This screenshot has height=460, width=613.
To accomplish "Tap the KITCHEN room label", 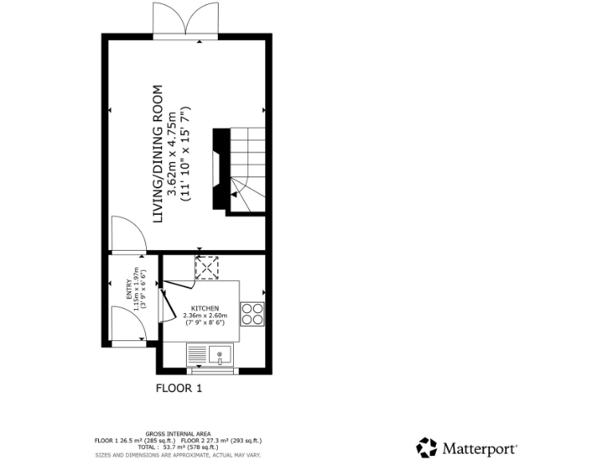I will (x=204, y=307).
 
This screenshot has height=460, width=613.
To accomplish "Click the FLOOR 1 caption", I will (x=179, y=389).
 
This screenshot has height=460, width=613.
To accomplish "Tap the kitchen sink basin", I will (x=220, y=354).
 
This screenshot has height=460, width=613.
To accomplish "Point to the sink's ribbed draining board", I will (x=198, y=354).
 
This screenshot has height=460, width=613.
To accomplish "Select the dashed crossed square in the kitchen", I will (x=207, y=268).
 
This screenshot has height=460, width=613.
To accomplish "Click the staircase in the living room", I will (x=246, y=171).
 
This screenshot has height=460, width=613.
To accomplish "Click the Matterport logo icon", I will (x=427, y=447).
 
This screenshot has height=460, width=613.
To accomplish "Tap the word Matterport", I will (x=481, y=448).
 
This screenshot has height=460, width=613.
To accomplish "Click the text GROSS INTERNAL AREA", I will (x=178, y=434).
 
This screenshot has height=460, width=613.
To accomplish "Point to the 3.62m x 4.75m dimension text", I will (x=172, y=153).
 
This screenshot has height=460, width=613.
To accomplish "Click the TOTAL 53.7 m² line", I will (x=178, y=447).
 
